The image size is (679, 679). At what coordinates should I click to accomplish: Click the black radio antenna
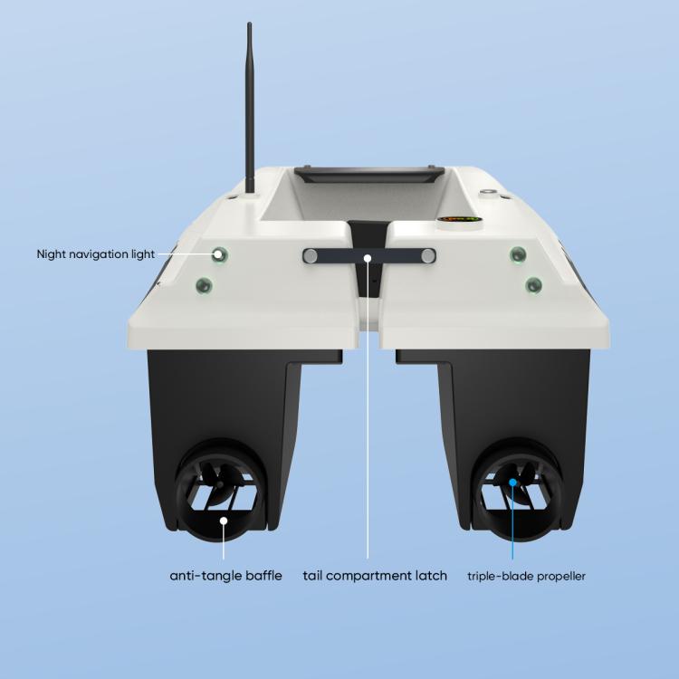[250, 109]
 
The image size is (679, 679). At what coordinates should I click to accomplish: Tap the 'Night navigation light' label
[96, 254]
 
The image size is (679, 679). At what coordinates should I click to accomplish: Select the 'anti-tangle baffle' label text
[225, 576]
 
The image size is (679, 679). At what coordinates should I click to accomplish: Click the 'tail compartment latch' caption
[375, 576]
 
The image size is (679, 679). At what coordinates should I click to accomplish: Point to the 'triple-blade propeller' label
[526, 577]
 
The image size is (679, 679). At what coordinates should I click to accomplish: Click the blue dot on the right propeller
[512, 482]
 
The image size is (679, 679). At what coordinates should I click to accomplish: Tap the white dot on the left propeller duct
[224, 521]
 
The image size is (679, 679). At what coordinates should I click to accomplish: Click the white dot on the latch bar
[368, 258]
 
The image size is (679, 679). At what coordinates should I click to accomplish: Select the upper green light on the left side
[220, 254]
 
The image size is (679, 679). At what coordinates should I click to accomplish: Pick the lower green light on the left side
[204, 285]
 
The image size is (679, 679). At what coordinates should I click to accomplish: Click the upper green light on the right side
[518, 254]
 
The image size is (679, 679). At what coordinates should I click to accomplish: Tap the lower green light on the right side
[533, 285]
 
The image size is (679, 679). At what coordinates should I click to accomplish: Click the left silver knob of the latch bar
[310, 256]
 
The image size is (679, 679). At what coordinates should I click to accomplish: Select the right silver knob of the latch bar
[428, 256]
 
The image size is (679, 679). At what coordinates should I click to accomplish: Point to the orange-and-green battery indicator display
[459, 219]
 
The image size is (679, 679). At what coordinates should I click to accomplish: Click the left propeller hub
[220, 484]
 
